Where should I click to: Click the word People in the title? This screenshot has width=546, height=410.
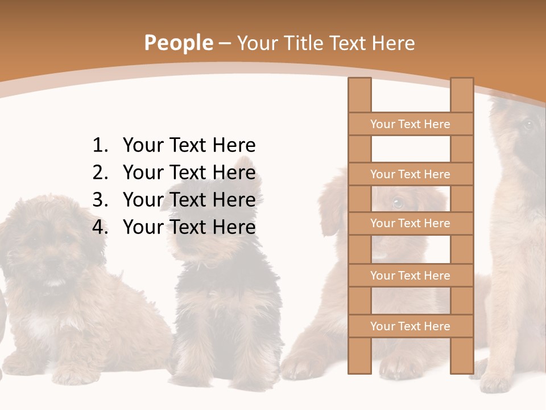tap(178, 43)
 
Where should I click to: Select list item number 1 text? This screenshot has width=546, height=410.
tap(189, 145)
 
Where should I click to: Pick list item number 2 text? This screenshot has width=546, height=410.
tap(189, 173)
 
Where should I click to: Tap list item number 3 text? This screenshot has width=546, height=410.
tap(189, 200)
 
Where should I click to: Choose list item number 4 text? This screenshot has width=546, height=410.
tap(189, 227)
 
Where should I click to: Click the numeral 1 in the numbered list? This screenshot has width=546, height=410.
tap(99, 145)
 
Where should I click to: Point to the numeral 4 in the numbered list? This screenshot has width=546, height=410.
tap(99, 227)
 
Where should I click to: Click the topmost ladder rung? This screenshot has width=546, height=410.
tap(410, 124)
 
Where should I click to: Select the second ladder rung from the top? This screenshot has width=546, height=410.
tap(410, 174)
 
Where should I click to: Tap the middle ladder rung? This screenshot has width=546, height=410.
tap(410, 223)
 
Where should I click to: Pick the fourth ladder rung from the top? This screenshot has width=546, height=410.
tap(410, 276)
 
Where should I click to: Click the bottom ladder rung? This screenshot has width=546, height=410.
tap(410, 326)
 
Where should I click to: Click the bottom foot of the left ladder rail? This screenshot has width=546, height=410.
tap(359, 370)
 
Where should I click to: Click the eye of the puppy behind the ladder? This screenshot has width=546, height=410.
tap(397, 202)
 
